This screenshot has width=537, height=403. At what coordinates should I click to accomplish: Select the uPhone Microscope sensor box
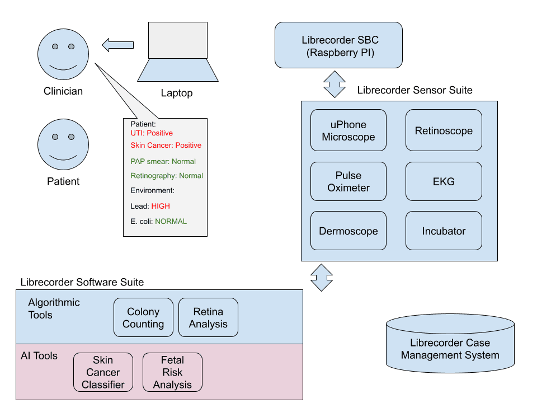[348, 131]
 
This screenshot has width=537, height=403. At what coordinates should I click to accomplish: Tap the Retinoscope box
[444, 131]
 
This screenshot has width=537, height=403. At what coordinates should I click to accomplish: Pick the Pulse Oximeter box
[348, 181]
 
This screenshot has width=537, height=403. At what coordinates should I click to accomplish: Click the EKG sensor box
[444, 181]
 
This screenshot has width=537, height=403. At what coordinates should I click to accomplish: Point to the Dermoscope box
[348, 231]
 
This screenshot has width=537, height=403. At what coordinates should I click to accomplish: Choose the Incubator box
[444, 231]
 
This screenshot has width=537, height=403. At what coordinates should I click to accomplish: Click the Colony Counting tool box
[143, 317]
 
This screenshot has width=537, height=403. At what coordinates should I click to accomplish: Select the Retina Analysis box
[208, 317]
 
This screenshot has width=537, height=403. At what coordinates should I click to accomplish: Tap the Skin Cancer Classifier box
[103, 372]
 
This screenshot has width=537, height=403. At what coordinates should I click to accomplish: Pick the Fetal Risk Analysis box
[172, 372]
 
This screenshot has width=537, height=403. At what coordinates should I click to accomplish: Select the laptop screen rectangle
[178, 40]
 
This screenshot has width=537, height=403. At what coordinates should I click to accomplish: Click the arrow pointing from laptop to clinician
[117, 45]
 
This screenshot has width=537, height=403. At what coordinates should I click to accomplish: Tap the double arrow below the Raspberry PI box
[335, 84]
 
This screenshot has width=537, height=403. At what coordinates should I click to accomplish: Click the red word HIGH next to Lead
[161, 207]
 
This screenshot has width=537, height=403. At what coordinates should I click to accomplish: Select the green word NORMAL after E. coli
[171, 221]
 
